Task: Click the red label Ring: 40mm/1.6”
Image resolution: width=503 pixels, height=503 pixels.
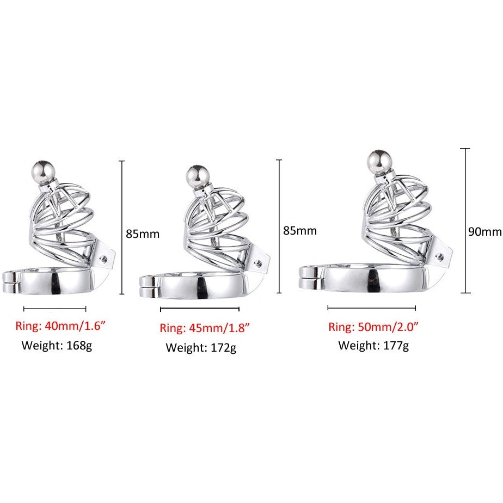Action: tap(60, 326)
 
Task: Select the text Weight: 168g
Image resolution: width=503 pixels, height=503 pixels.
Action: tap(57, 346)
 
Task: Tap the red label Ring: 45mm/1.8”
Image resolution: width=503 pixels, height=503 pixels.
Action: tap(204, 328)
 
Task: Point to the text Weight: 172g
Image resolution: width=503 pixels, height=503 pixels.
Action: tap(201, 348)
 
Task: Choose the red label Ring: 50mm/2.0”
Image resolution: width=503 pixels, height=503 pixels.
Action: tap(373, 327)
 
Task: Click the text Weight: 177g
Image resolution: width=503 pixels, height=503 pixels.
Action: tap(373, 346)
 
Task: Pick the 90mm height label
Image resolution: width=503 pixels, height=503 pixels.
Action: tap(484, 231)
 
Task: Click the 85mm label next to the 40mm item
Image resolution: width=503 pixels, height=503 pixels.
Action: tap(143, 234)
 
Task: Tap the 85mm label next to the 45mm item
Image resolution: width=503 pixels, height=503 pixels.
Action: tap(300, 231)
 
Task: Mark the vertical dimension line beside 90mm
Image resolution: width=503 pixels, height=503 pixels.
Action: tap(465, 220)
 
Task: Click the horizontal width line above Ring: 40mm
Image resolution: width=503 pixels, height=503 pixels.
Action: tap(55, 309)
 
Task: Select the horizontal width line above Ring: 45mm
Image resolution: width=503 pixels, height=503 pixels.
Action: tap(200, 309)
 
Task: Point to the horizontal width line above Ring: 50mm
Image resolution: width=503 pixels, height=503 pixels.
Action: tap(371, 308)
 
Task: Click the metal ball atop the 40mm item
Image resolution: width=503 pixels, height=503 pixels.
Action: tap(44, 172)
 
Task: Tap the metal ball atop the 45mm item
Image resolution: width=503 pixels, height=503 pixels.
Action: tap(197, 177)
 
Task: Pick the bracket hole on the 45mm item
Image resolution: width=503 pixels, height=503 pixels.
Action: tap(257, 263)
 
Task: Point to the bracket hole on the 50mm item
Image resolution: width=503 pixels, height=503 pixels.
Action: tap(439, 256)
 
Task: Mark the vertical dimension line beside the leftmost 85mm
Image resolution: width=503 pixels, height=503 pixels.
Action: tap(121, 227)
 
